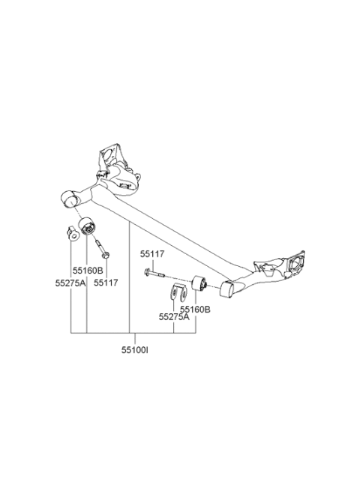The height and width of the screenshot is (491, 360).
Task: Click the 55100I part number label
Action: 135,350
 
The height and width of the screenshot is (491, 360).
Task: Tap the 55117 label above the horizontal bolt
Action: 152,254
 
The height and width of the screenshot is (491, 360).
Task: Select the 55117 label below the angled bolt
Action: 106,283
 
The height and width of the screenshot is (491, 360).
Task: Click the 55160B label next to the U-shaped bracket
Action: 195,310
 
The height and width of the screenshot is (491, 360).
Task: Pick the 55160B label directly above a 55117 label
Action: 88,271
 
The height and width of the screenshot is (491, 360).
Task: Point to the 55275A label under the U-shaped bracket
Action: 174,317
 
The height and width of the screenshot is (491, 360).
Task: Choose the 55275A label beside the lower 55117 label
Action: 70,283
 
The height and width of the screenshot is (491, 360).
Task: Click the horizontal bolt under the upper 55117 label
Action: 154,273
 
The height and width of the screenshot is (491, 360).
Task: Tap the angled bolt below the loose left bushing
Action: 101,249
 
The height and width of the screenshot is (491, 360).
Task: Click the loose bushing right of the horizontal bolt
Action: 199,284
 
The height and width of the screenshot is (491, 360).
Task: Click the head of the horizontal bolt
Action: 147,273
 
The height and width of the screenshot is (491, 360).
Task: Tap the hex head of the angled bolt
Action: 106,255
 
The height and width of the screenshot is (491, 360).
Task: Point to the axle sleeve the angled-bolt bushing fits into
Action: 68,199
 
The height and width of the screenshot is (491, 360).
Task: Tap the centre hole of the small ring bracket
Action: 73,236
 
